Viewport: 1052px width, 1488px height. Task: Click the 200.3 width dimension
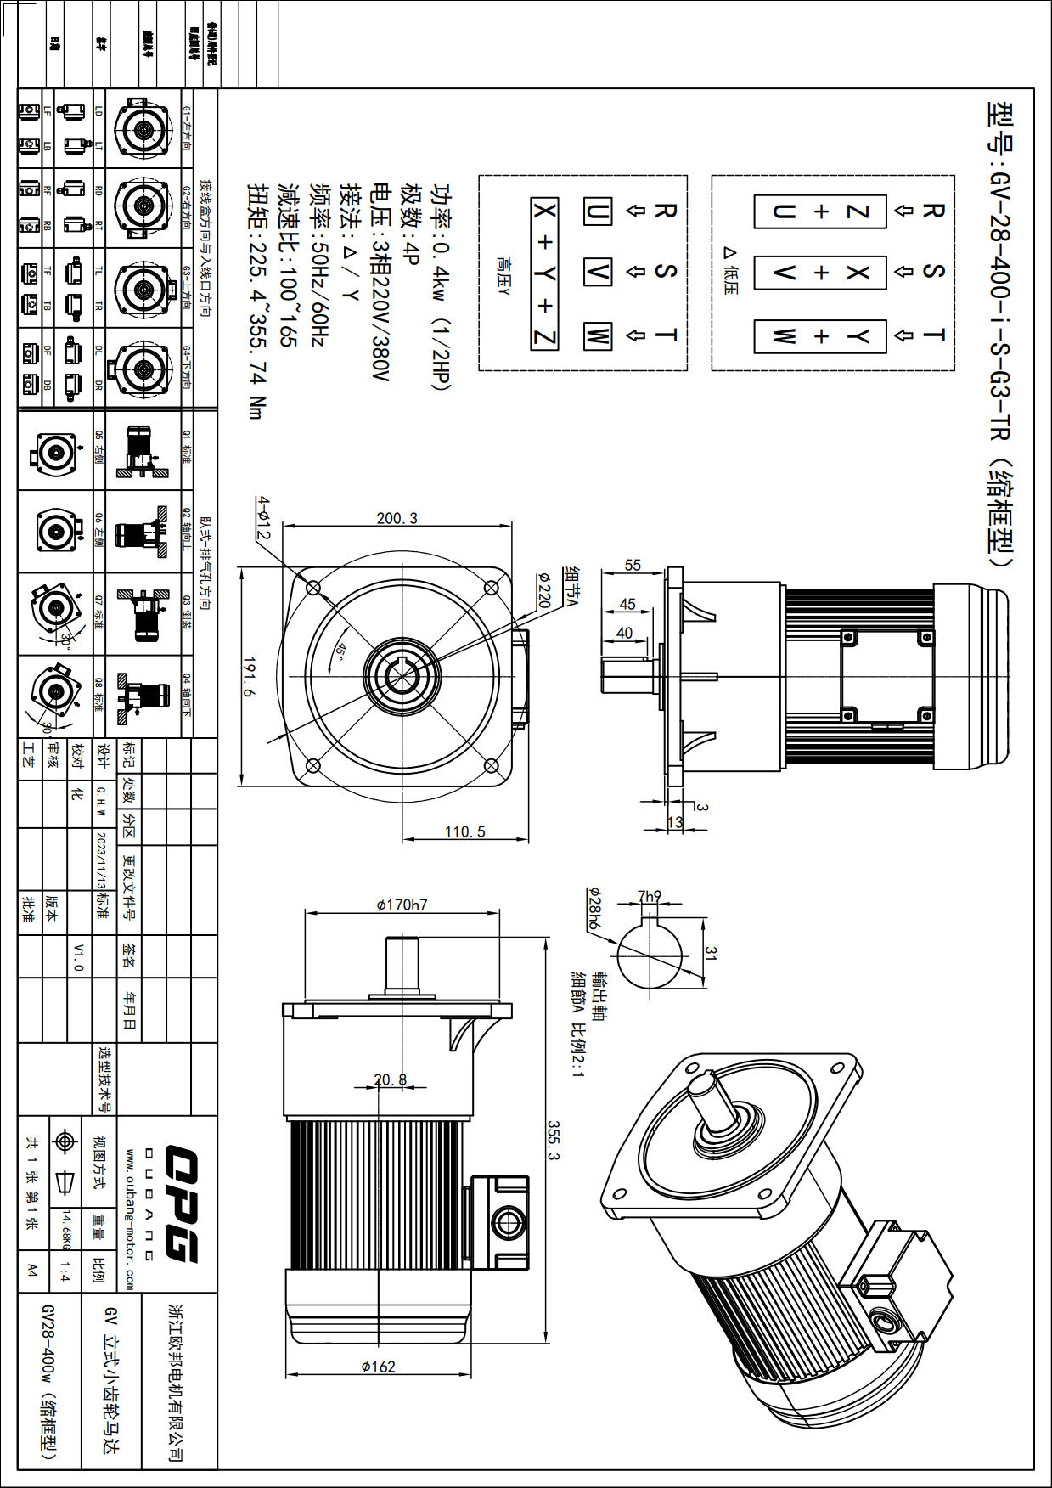tap(397, 518)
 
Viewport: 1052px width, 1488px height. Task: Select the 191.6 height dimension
tap(249, 676)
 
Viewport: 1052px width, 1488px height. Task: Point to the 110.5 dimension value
tap(464, 831)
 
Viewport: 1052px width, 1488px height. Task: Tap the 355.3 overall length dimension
tap(554, 1141)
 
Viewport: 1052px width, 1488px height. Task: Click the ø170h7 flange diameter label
tap(402, 905)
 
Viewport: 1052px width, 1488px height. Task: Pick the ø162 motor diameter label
tap(378, 1367)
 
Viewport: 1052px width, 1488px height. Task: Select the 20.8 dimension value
tap(391, 1079)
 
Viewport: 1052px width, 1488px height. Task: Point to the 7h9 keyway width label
tap(650, 896)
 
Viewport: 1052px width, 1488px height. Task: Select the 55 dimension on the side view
tap(633, 566)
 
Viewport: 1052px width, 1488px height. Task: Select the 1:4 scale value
tap(65, 1271)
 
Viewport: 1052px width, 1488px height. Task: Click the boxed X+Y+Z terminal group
tap(545, 273)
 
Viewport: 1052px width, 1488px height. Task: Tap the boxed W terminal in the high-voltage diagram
tap(598, 335)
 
